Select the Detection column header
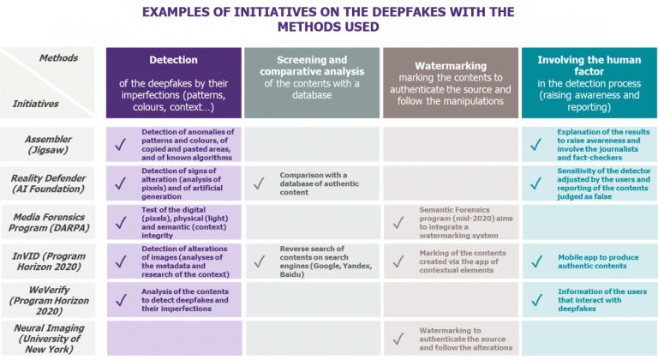click(x=174, y=61)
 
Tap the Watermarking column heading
click(x=451, y=66)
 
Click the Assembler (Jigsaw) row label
click(x=49, y=143)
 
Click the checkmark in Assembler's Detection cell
click(x=121, y=144)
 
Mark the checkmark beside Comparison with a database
click(x=260, y=183)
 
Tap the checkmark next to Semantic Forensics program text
click(x=398, y=224)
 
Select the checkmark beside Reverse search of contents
click(x=260, y=261)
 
